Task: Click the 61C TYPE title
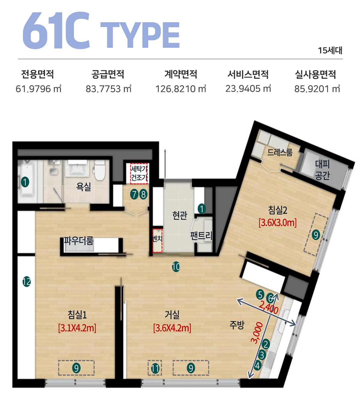click(101, 30)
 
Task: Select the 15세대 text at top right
click(330, 50)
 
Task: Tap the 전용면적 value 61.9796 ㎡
click(38, 89)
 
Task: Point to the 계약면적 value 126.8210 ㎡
click(181, 89)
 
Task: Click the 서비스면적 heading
click(248, 74)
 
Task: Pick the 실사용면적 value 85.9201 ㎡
click(317, 89)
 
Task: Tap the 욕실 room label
click(83, 186)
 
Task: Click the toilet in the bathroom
click(100, 170)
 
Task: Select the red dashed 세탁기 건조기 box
click(139, 174)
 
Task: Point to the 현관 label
click(180, 215)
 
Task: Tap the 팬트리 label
click(201, 236)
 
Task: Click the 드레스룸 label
click(280, 152)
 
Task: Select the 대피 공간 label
click(322, 170)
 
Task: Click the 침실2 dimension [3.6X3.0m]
click(277, 223)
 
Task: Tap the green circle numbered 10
click(176, 267)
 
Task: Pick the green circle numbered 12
click(27, 282)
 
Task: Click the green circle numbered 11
click(155, 368)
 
